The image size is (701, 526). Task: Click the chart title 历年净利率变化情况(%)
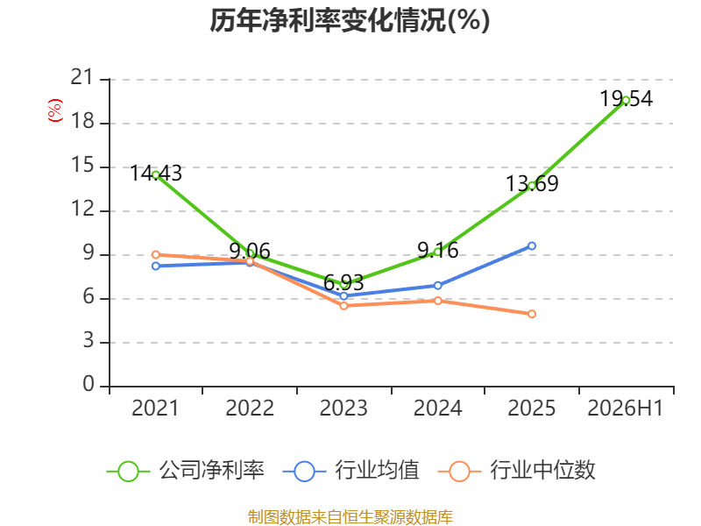coord(350,20)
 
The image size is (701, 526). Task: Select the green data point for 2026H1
coord(626,101)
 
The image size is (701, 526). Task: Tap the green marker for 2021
coord(156,174)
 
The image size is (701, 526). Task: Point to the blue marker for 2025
coord(532,246)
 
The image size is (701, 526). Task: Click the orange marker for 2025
coord(532,314)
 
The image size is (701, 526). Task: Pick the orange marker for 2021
coord(156,254)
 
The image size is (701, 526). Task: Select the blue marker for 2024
coord(437,286)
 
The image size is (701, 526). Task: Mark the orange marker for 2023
coord(343,305)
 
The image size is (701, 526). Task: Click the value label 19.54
coord(626,98)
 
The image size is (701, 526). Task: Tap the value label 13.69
coord(532,183)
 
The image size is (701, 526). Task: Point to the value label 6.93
coord(343,282)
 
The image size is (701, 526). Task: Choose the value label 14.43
coord(156,173)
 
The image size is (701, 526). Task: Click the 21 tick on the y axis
coord(82,77)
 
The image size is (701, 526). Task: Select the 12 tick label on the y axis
coord(82,209)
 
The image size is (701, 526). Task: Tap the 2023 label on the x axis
coord(343,408)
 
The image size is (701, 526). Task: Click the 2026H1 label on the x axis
coord(625,408)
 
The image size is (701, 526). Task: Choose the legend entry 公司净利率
coord(186,471)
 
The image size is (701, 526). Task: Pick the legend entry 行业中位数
coord(516,471)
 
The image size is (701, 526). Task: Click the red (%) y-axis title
coord(55,110)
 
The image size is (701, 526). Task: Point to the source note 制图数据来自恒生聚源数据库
coord(350,517)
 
